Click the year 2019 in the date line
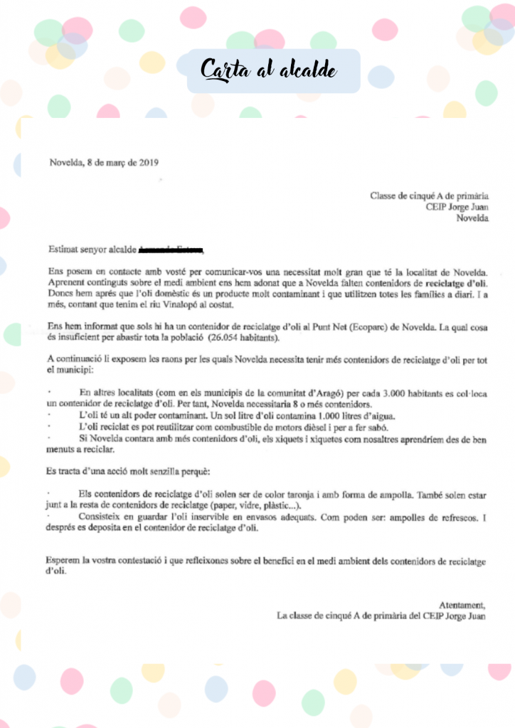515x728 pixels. [148, 162]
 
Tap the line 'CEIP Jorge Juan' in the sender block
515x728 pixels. [457, 207]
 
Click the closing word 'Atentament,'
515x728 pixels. [463, 605]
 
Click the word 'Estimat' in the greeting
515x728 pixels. [64, 250]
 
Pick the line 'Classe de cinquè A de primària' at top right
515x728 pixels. [430, 196]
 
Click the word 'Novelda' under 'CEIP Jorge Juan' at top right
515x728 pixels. [472, 218]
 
